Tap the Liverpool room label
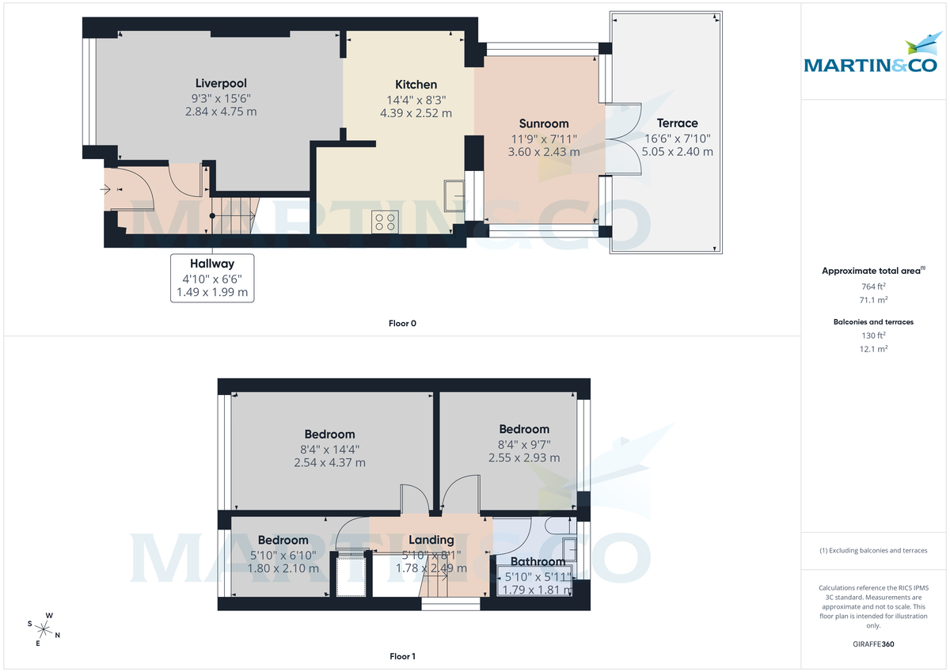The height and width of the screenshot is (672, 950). [221, 83]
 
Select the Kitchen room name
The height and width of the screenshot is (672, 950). [416, 85]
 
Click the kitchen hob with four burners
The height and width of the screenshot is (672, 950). [386, 222]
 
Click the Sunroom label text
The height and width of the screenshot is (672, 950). [544, 123]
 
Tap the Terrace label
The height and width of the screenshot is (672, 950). [677, 123]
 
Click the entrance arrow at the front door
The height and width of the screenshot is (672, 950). [107, 189]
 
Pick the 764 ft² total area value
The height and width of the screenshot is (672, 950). [873, 287]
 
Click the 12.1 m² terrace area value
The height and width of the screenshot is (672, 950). [873, 349]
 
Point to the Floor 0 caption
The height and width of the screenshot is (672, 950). [402, 323]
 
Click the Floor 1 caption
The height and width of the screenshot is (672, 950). [402, 656]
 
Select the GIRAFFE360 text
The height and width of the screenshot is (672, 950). [873, 644]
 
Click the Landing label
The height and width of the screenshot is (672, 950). [431, 540]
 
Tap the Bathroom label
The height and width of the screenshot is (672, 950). [538, 562]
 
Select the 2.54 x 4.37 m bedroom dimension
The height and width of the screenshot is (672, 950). [329, 462]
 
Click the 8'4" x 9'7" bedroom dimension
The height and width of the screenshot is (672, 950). [523, 444]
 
